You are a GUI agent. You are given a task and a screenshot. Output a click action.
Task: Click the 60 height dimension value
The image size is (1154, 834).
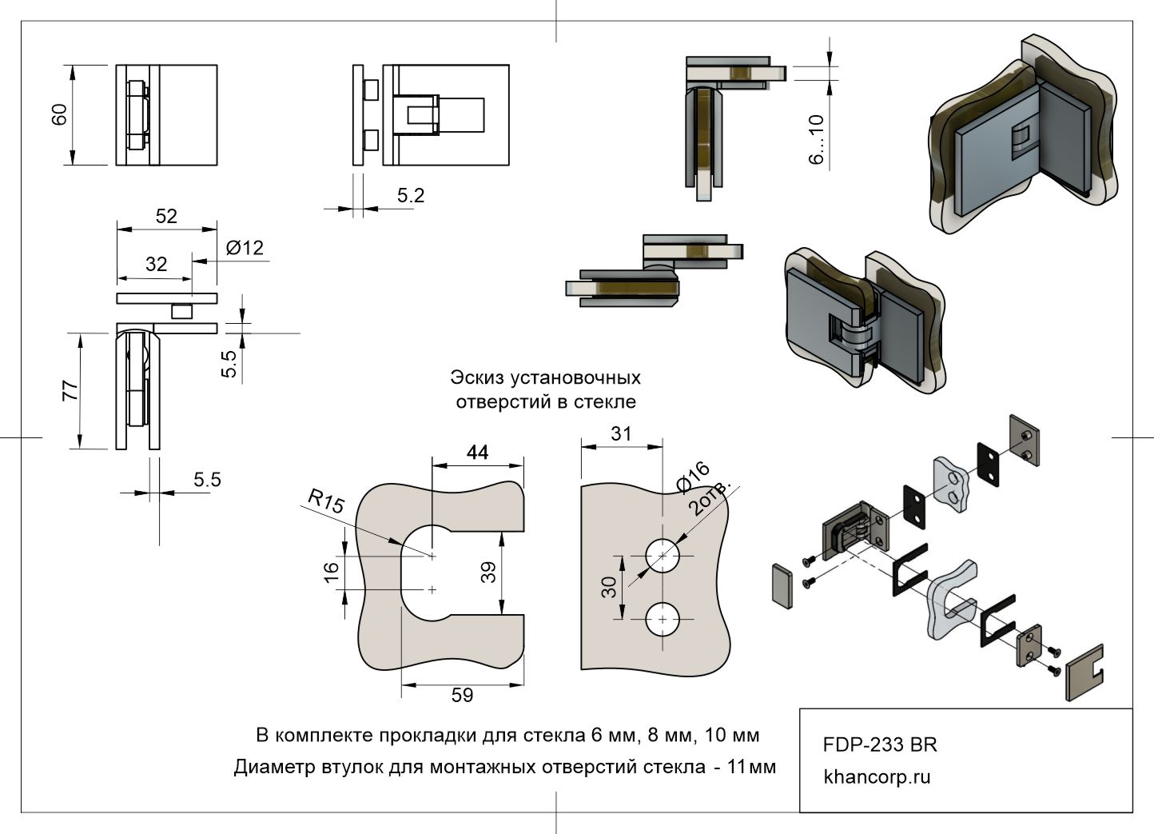(x=59, y=115)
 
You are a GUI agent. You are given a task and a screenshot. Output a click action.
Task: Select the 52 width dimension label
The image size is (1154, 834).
(x=166, y=216)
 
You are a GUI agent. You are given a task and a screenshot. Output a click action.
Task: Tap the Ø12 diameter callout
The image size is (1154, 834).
(x=244, y=248)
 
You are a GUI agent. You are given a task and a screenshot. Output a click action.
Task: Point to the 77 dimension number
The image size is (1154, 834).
(x=70, y=391)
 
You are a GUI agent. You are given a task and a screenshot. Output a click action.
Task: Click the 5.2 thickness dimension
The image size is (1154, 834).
(x=411, y=195)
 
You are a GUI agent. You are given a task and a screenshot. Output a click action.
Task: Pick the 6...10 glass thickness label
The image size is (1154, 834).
(x=816, y=139)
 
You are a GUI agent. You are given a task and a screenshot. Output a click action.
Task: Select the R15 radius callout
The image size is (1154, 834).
(x=326, y=501)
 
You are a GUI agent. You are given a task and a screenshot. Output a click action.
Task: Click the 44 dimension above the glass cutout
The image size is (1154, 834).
(x=477, y=453)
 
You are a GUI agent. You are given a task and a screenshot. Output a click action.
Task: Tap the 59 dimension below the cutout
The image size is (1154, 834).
(x=462, y=695)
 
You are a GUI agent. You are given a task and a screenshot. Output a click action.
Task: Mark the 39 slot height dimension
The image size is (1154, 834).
(x=489, y=572)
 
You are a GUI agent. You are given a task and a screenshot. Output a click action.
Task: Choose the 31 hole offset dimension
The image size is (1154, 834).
(x=621, y=433)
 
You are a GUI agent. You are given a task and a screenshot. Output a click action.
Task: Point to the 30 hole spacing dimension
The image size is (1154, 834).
(x=609, y=588)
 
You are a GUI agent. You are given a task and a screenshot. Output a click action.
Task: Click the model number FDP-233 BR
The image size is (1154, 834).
(x=880, y=744)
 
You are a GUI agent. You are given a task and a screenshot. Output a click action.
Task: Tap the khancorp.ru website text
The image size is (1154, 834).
(x=877, y=776)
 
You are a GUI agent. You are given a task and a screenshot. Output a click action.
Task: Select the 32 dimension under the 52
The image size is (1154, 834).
(x=157, y=264)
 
